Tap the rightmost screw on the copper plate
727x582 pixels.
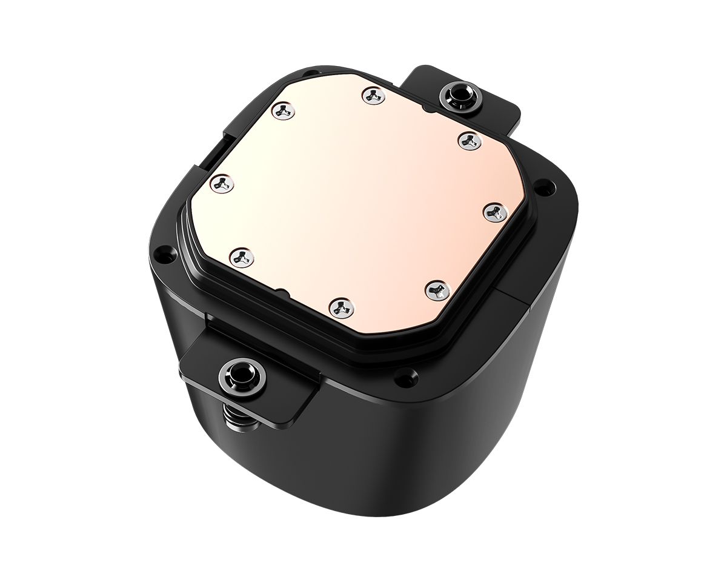pyautogui.click(x=496, y=212)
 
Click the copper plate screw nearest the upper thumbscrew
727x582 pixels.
pyautogui.click(x=468, y=140)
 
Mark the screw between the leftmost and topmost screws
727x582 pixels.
pyautogui.click(x=282, y=110)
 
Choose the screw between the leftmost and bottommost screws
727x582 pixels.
pyautogui.click(x=242, y=256)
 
